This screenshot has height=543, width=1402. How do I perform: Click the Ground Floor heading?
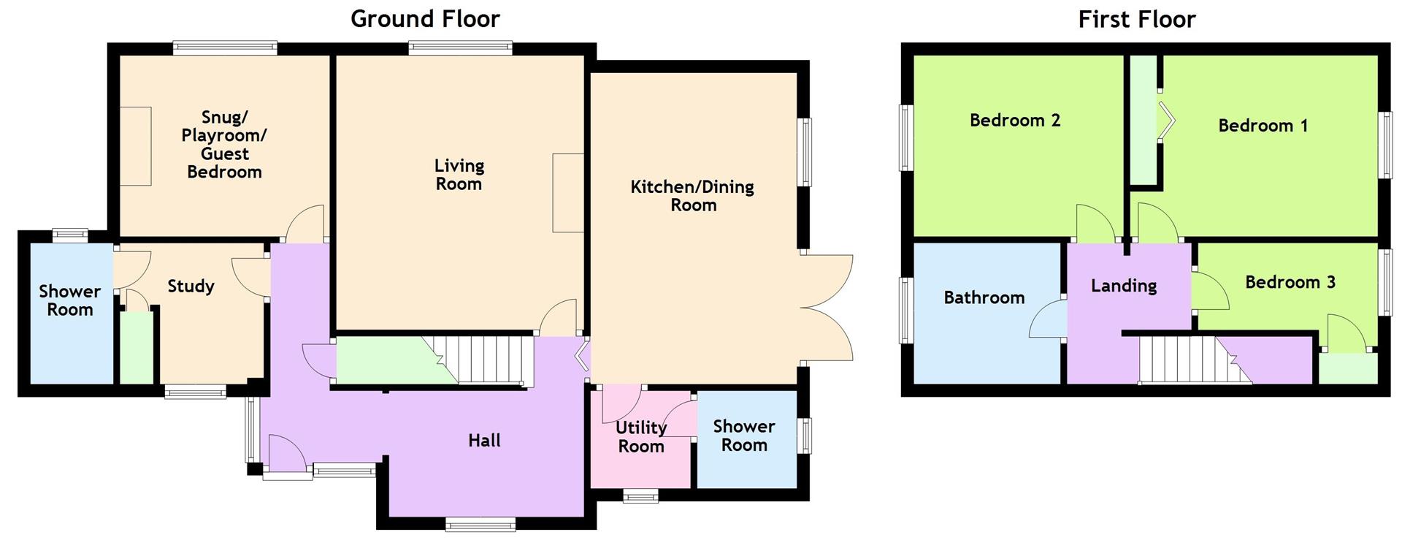[425, 18]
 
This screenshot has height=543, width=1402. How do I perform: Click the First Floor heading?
[1136, 19]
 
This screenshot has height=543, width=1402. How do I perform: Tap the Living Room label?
[459, 175]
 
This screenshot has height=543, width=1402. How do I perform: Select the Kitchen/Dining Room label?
[692, 195]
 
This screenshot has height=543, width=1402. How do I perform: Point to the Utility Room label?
[640, 436]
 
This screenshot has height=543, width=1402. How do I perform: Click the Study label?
[191, 286]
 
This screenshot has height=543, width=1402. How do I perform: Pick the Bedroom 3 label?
[1290, 282]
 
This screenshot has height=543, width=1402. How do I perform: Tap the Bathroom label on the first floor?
[984, 297]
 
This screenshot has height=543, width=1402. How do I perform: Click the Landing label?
[1123, 286]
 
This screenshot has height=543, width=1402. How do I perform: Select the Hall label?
[484, 440]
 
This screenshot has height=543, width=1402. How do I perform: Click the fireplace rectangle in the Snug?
[136, 146]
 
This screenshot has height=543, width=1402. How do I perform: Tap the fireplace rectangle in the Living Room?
[567, 193]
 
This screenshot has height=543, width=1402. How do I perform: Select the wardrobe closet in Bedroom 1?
[1144, 121]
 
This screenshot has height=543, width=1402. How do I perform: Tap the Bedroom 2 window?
[906, 137]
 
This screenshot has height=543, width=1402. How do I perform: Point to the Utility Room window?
[640, 497]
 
